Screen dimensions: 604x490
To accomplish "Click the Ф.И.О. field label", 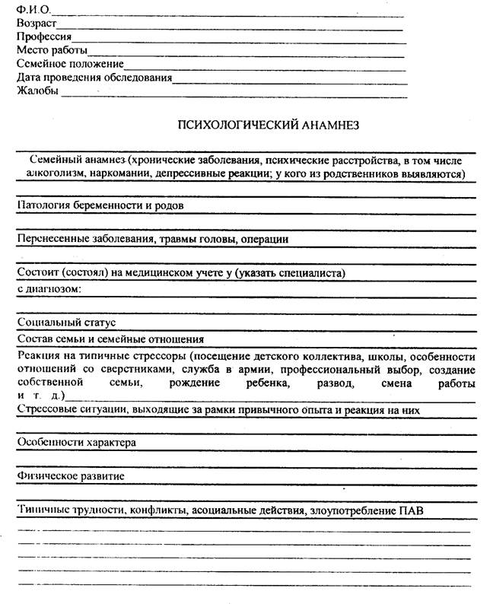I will tap(31, 9).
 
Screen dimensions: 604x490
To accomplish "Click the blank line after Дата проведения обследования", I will tap(289, 78).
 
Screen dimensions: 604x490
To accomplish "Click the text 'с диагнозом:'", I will tap(49, 289).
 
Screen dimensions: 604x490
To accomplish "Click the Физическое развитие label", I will tap(71, 476).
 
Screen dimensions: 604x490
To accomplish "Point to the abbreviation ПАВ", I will tap(410, 510).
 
